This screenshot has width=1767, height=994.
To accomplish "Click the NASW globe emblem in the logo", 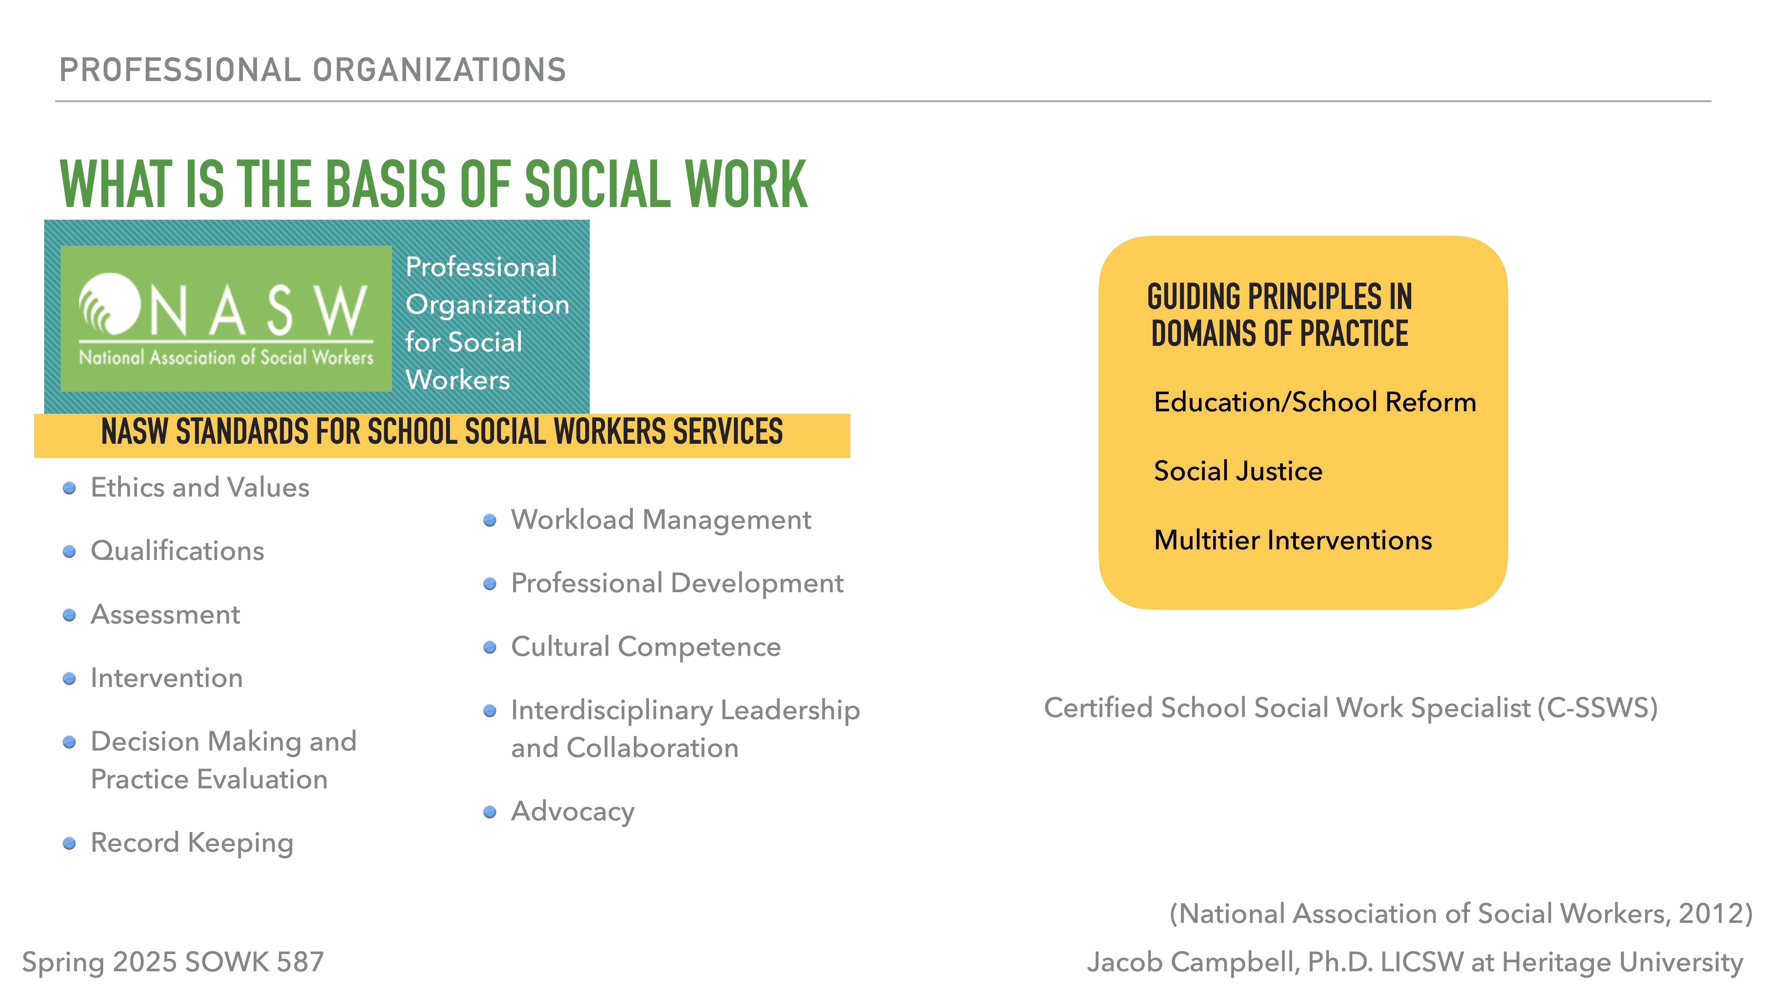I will [110, 304].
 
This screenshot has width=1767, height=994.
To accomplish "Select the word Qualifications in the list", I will [177, 551].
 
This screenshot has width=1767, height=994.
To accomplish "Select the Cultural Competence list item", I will [646, 647].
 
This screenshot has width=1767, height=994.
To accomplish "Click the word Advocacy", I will [573, 812].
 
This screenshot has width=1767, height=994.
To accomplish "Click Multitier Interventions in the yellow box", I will [1292, 541].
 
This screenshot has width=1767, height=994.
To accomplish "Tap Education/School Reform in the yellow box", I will [1314, 402].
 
